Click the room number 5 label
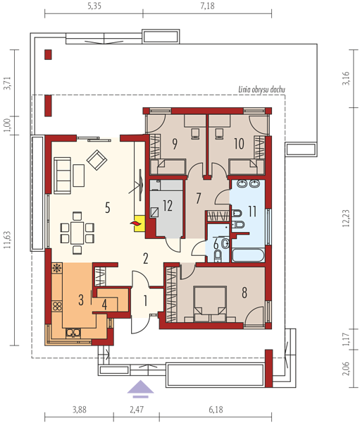108,208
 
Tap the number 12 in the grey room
168,206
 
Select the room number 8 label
244,293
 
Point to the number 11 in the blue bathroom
252,211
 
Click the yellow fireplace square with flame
139,223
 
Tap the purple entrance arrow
140,389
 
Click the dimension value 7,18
207,6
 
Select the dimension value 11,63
7,240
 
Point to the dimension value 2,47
137,410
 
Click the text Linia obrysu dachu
261,90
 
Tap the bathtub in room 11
248,256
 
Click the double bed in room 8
209,304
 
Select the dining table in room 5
77,233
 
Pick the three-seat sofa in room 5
62,176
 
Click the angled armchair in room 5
97,160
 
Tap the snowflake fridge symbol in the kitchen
57,268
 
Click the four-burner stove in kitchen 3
57,306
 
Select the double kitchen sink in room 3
73,333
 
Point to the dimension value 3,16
346,78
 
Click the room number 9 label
175,144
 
